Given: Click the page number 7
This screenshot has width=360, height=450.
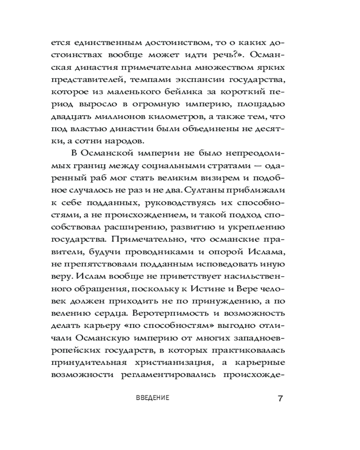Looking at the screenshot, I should pos(280,399).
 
